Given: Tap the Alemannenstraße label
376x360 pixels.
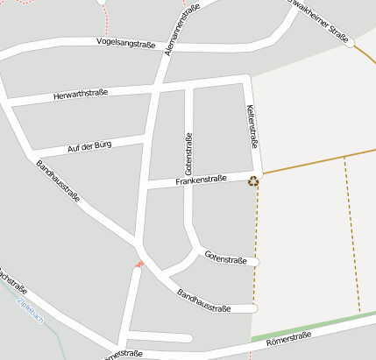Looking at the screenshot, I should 181,30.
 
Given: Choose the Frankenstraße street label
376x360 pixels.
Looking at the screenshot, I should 201,180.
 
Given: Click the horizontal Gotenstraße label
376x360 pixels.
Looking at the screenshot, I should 225,257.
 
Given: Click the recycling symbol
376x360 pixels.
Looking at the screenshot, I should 253,181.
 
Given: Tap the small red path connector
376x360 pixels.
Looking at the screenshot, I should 138,263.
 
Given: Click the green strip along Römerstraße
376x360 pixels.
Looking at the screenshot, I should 307,328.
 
